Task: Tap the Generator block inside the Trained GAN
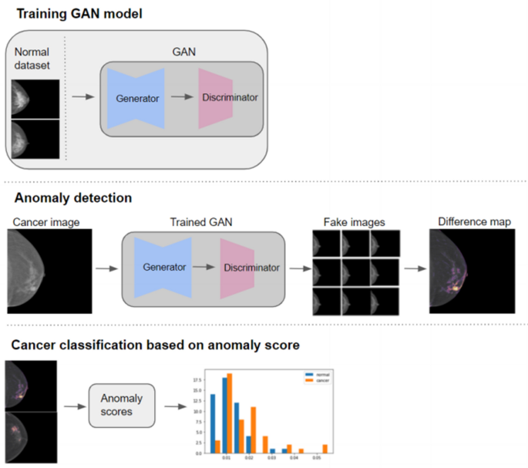164,267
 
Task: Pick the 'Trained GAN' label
201,223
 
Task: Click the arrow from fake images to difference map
415,270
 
